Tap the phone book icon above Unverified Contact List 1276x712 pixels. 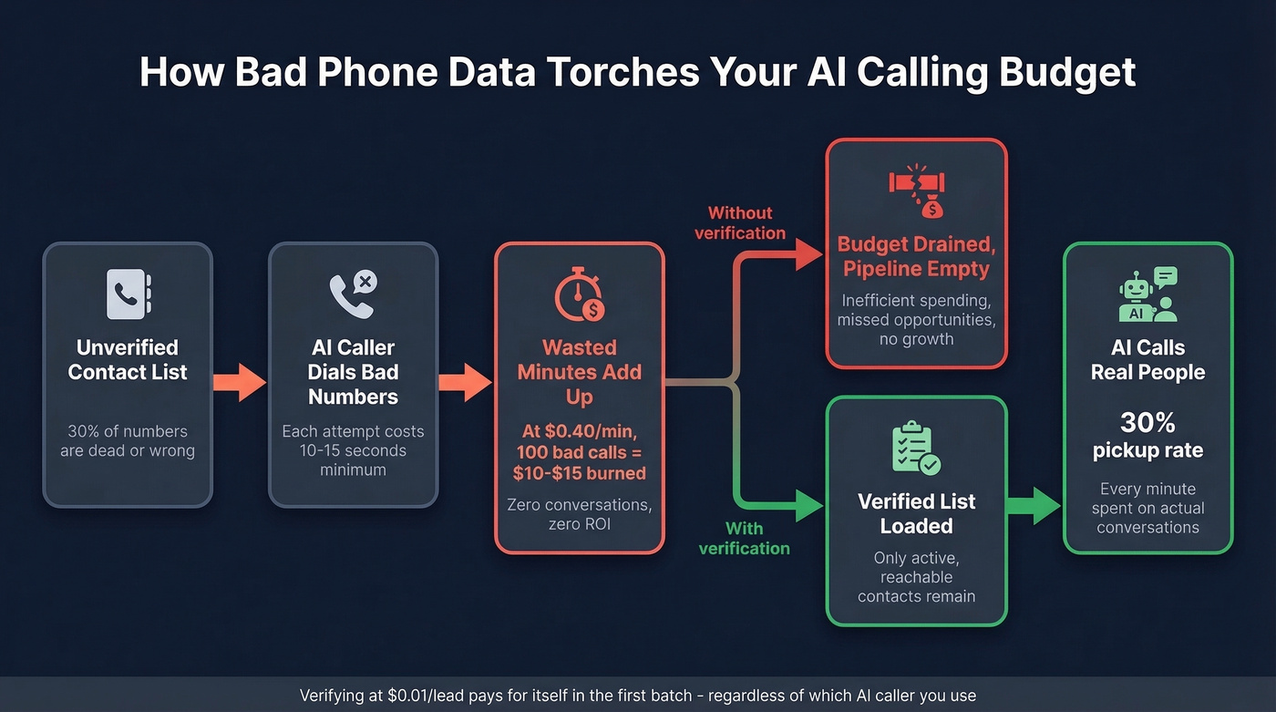click(x=128, y=294)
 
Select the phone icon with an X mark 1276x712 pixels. click(x=353, y=294)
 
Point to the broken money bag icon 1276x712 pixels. click(x=916, y=191)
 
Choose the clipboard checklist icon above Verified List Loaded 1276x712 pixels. click(x=916, y=448)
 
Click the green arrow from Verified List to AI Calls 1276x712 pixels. click(x=1034, y=505)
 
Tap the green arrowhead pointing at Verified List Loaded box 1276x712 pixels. click(x=808, y=505)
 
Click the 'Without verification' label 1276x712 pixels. click(x=740, y=223)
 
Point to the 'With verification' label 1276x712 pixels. click(x=744, y=538)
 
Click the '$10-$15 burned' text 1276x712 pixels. click(x=580, y=473)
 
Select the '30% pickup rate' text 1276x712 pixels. click(x=1147, y=435)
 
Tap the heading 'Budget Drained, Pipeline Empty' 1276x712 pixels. click(x=916, y=256)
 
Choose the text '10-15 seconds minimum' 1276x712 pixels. click(x=353, y=460)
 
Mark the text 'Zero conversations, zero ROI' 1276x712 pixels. click(x=580, y=514)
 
